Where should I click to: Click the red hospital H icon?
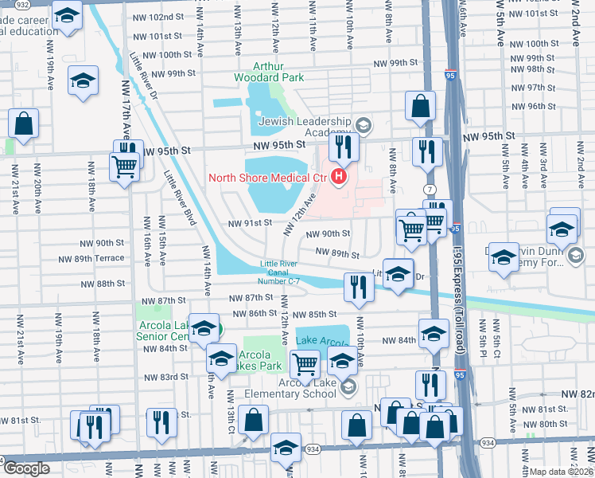(x=340, y=176)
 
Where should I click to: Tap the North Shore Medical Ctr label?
(x=270, y=177)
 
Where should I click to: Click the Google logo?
(x=26, y=468)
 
